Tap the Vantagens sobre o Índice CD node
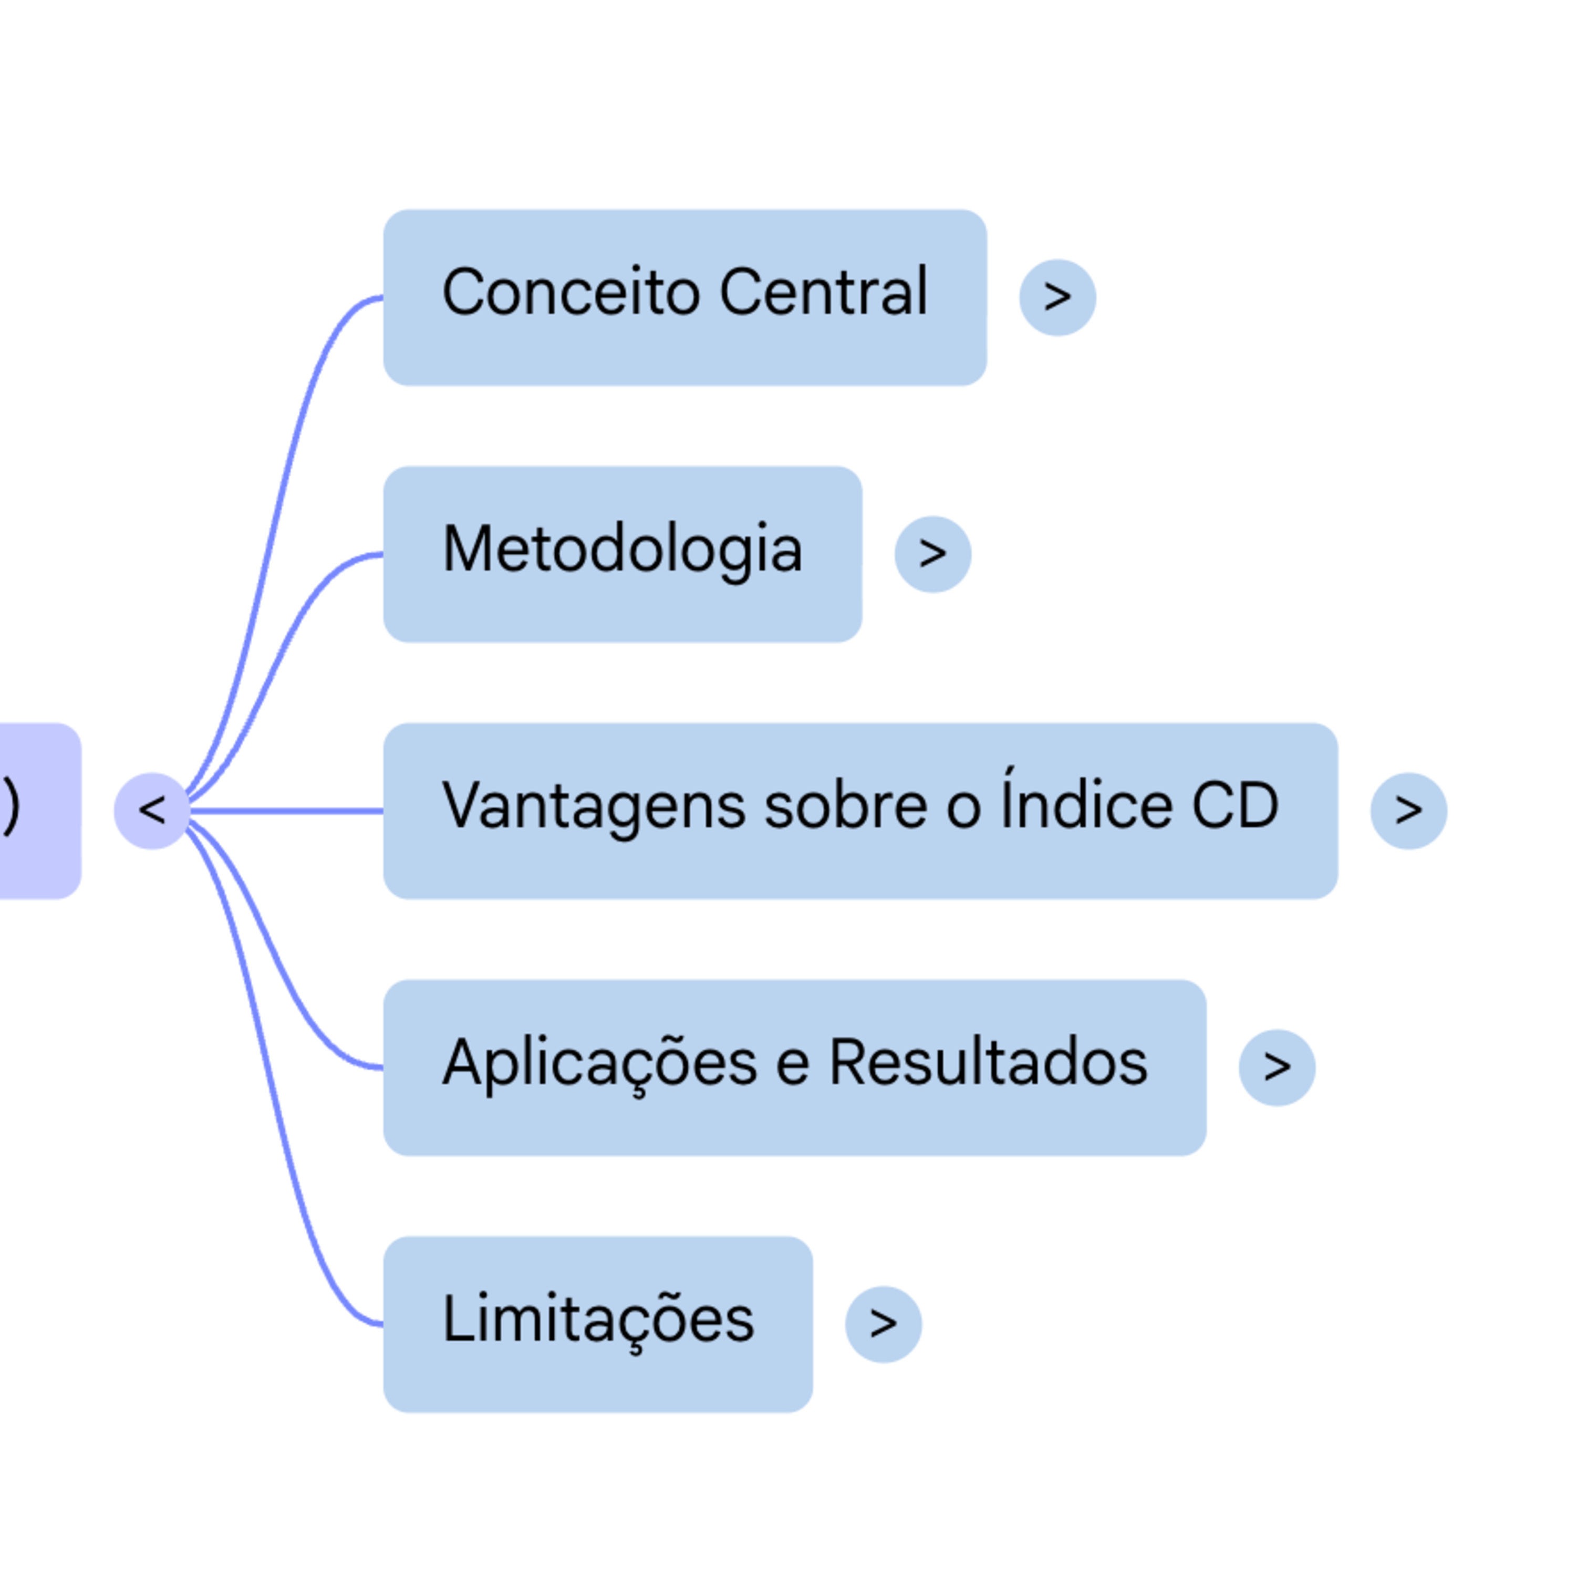(x=860, y=811)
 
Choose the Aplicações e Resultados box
(x=794, y=1067)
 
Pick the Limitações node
(x=597, y=1324)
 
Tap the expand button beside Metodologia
(x=932, y=554)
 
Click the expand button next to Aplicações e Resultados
(x=1277, y=1067)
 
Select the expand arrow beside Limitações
(x=883, y=1324)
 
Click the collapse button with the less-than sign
(x=152, y=811)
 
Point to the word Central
(x=823, y=292)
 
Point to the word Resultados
(x=988, y=1062)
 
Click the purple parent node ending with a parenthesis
(x=37, y=811)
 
